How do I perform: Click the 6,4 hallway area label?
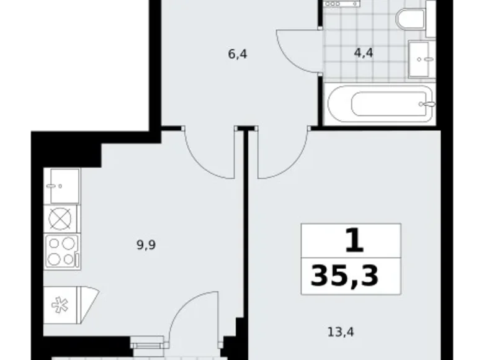coord(238,54)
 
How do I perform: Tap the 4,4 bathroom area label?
coord(363,54)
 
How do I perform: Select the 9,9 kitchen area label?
coord(146,245)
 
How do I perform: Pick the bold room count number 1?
coord(353,241)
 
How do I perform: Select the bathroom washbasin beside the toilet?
coord(423,60)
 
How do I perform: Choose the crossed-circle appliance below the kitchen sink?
coord(63,218)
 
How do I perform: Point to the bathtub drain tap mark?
coord(424,104)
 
